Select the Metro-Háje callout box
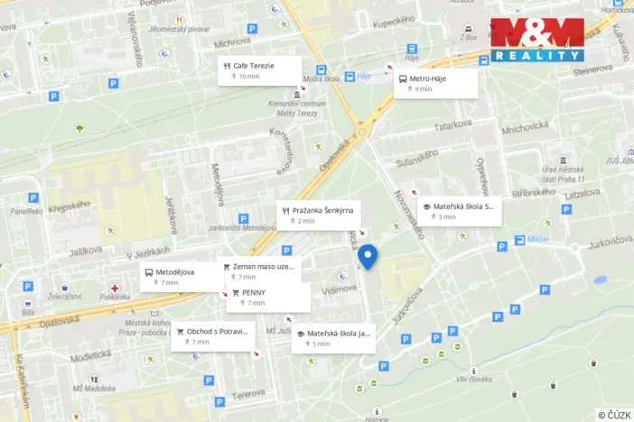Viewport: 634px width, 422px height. click(437, 83)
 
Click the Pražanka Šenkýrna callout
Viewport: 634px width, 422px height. click(319, 215)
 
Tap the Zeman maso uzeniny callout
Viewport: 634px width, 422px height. click(261, 271)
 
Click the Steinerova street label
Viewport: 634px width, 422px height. click(592, 69)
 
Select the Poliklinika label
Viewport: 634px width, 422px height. click(116, 297)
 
